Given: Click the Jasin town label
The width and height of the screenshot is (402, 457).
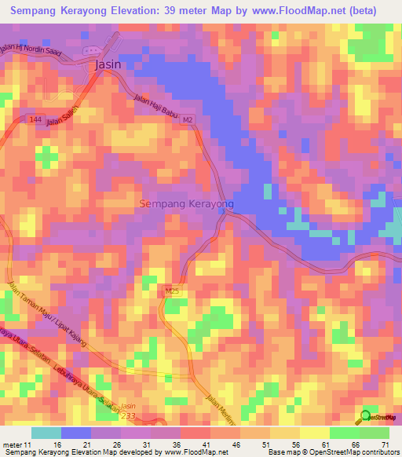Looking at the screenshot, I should click(x=108, y=65).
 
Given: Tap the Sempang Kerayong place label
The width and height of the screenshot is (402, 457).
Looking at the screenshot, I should click(x=186, y=203).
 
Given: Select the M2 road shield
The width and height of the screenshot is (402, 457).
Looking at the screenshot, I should click(x=188, y=120).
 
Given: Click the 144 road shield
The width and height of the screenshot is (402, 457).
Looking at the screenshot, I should click(x=35, y=119).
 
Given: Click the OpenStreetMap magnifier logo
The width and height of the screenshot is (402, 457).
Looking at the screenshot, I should click(x=367, y=416).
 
